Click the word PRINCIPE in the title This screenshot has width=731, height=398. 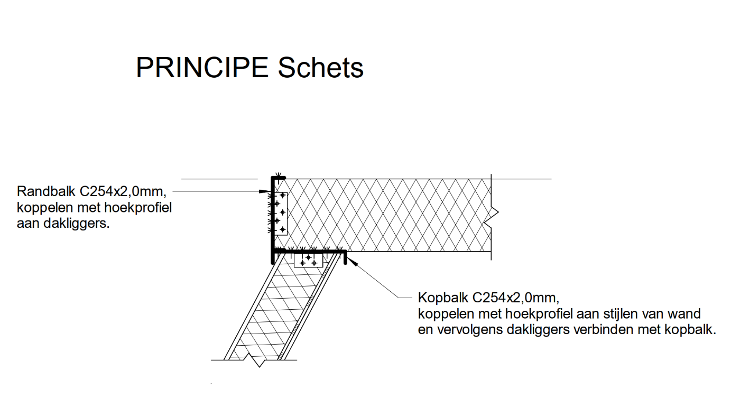pos(202,68)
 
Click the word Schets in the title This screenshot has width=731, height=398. pos(320,68)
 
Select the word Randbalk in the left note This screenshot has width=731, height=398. pos(46,191)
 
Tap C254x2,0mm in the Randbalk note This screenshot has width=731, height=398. pos(123,192)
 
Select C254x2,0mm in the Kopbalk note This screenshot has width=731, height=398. pos(516,298)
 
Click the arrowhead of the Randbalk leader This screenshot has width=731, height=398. pos(265,191)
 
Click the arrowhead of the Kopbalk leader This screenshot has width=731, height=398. pos(352,262)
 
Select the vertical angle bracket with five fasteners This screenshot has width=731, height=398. pos(281,214)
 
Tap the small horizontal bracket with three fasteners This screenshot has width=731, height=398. pos(308,261)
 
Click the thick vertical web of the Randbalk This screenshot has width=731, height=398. pos(273,220)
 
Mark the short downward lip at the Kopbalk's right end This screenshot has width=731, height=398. pos(345,257)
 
